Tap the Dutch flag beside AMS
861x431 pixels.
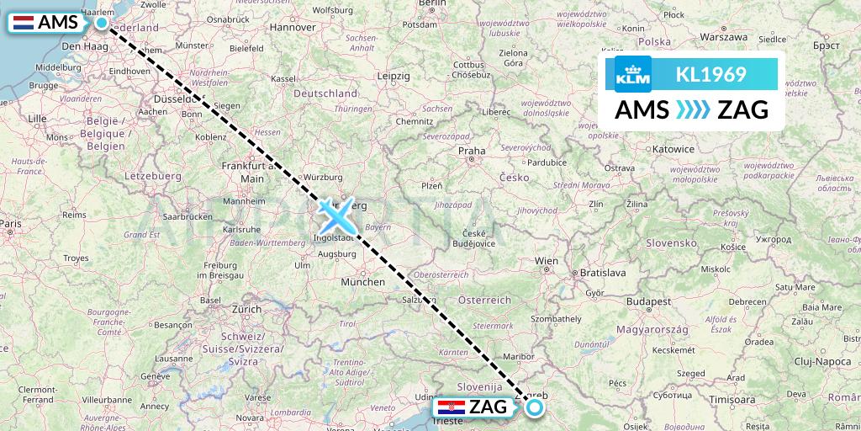[24, 23]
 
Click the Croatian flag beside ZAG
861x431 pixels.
[451, 407]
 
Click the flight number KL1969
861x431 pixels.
[710, 75]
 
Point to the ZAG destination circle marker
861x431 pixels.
[535, 408]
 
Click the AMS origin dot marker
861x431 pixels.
[102, 23]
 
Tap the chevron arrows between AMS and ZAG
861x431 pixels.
[693, 110]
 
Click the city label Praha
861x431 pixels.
[472, 152]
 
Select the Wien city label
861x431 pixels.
[547, 262]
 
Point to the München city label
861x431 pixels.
[363, 282]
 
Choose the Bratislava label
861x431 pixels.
[602, 273]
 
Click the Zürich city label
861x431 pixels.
[246, 309]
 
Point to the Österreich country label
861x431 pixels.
[485, 300]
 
